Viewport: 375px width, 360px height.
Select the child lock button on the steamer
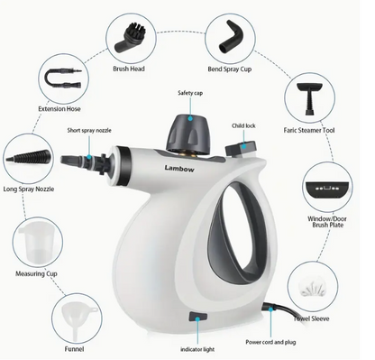pos(237,143)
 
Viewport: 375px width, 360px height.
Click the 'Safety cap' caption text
pos(188,92)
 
